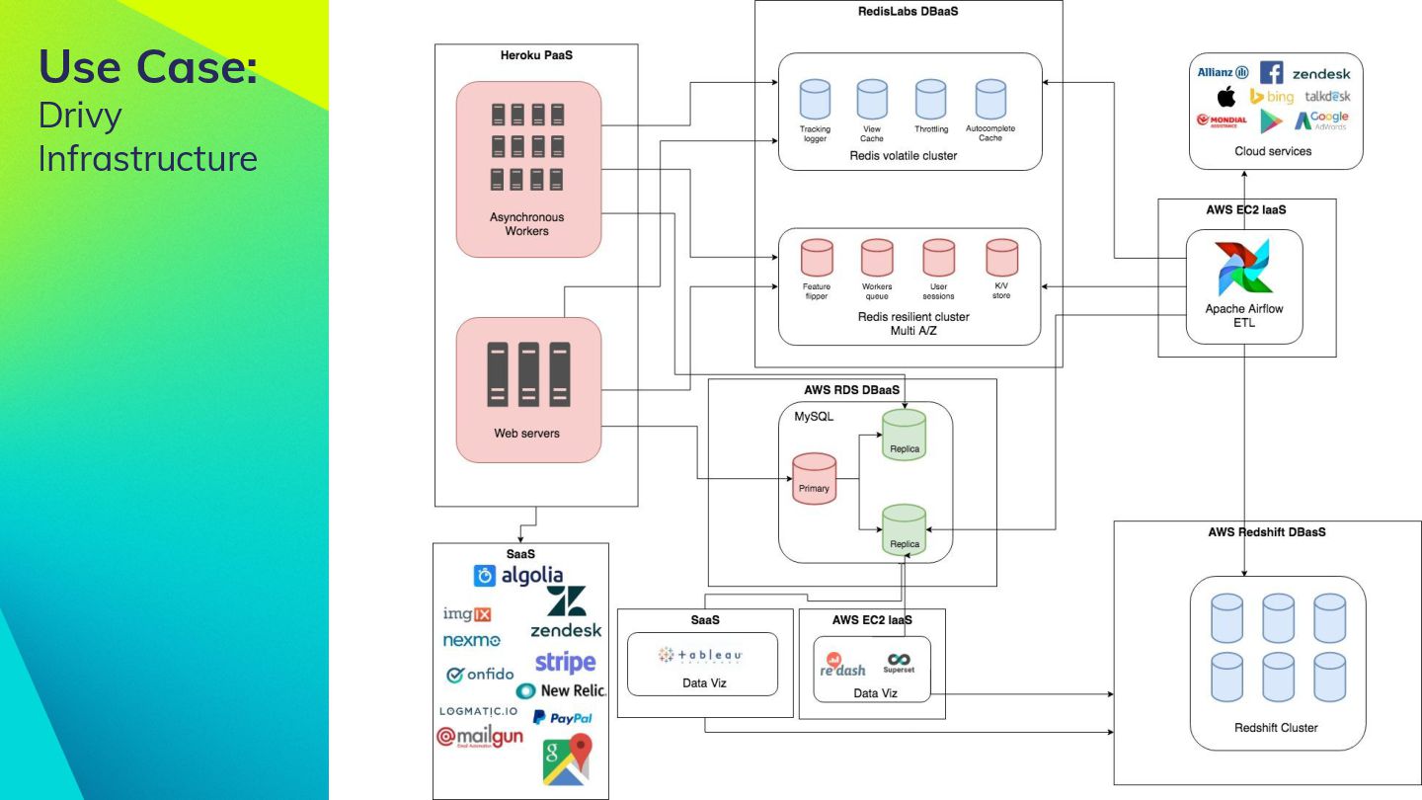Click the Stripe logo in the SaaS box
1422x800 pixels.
(565, 662)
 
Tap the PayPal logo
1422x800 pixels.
(563, 718)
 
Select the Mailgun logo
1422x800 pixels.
(480, 738)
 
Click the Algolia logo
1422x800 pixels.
(518, 575)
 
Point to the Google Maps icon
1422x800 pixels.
(567, 759)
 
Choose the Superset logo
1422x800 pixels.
(899, 662)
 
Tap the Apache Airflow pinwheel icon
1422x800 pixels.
(1244, 268)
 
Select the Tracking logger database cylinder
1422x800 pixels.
(815, 100)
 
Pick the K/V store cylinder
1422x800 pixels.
(1001, 259)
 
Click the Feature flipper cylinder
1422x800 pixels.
(817, 259)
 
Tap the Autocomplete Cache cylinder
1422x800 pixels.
(990, 100)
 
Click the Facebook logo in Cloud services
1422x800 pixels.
(1271, 73)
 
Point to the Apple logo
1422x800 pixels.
(1226, 97)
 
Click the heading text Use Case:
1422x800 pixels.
(148, 66)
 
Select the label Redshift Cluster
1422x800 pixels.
(1276, 728)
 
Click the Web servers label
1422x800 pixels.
(526, 433)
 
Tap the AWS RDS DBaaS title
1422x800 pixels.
(851, 390)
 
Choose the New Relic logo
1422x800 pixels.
(561, 690)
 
